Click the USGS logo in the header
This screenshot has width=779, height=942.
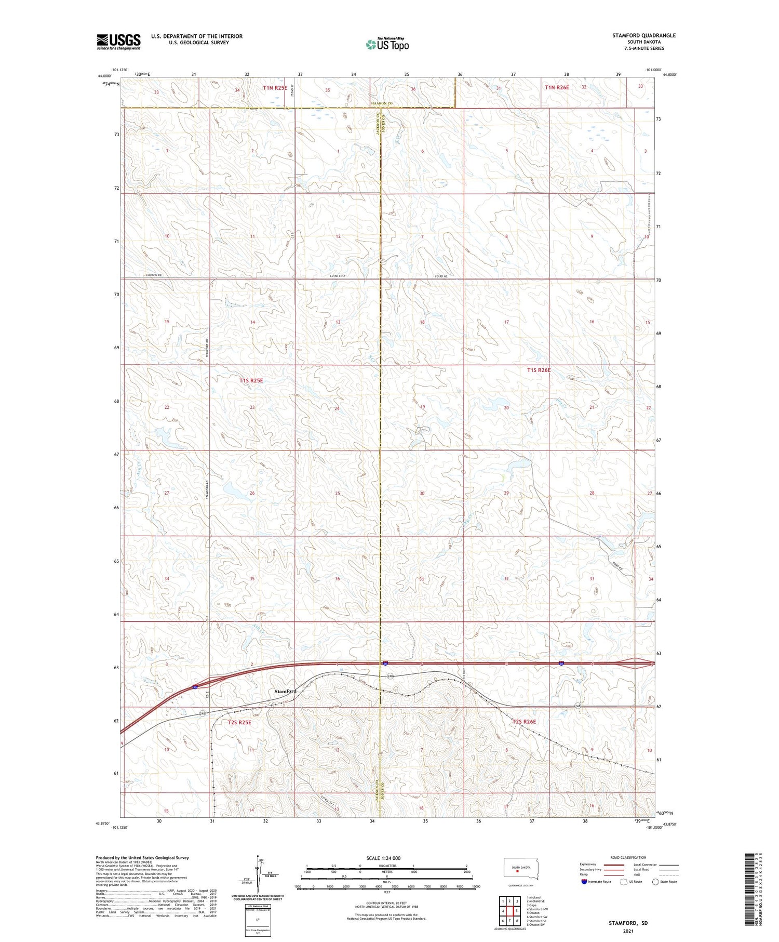tap(118, 42)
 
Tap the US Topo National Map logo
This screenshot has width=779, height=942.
tap(387, 45)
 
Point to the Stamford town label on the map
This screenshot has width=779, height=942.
tap(285, 691)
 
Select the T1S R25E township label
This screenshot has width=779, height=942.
tap(251, 380)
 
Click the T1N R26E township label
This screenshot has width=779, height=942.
tap(557, 88)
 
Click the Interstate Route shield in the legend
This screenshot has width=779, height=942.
tap(584, 882)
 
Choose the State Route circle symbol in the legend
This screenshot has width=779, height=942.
tap(655, 882)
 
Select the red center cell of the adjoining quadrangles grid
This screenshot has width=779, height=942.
tap(510, 911)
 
